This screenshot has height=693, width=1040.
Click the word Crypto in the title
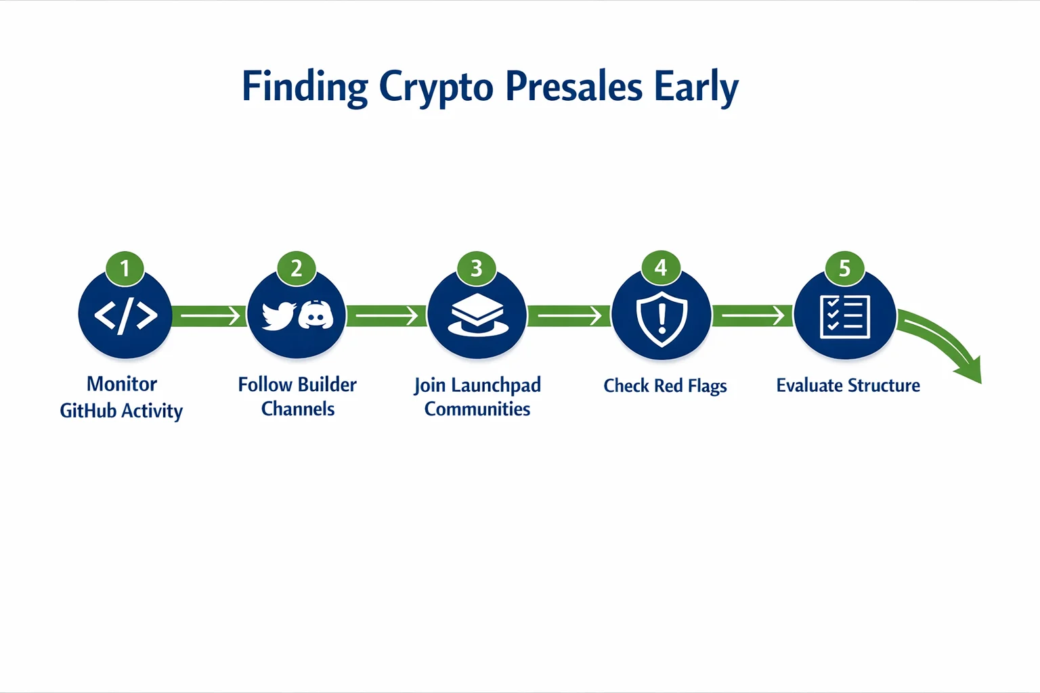click(435, 87)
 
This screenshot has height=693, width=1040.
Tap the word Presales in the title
click(573, 87)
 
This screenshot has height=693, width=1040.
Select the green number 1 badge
click(125, 269)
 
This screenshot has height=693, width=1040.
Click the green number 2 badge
click(296, 269)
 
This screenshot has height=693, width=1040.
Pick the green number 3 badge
click(477, 269)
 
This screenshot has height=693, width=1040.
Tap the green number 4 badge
click(661, 268)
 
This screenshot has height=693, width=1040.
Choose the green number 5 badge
click(844, 269)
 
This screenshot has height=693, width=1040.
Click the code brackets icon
click(125, 315)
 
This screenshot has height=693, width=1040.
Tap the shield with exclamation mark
click(662, 317)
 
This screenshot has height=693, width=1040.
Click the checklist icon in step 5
click(844, 316)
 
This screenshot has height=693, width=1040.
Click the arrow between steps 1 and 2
click(210, 315)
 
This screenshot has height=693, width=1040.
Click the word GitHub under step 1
click(88, 411)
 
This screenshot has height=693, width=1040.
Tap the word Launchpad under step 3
click(496, 385)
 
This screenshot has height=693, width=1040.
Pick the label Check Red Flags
click(665, 386)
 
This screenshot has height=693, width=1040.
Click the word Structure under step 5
click(884, 385)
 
